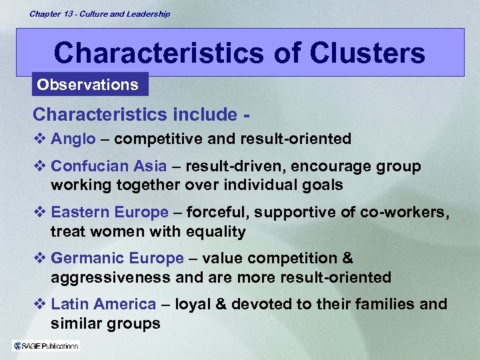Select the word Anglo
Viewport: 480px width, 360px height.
[x=73, y=139]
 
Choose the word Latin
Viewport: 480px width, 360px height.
[x=69, y=304]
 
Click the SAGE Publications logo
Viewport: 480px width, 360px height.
[x=46, y=345]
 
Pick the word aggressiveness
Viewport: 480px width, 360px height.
[x=108, y=277]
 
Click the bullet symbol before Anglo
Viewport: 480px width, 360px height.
[x=39, y=139]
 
